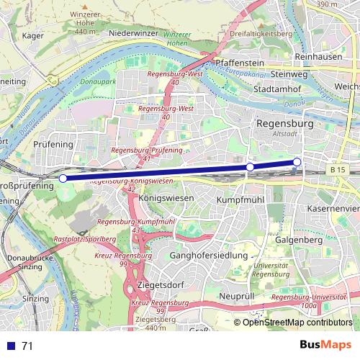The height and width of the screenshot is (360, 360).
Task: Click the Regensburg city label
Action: [x=285, y=124]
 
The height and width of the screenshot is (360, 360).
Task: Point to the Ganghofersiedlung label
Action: [x=209, y=256]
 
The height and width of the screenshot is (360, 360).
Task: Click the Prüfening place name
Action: [x=54, y=145]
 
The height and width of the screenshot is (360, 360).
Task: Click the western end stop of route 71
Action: [x=63, y=178]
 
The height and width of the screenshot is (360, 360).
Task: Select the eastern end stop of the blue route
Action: [x=297, y=161]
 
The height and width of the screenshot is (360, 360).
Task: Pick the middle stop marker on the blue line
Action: [x=250, y=167]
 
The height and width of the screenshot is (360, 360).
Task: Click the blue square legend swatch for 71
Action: [x=11, y=346]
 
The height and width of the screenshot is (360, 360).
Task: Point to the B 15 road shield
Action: [x=338, y=169]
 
